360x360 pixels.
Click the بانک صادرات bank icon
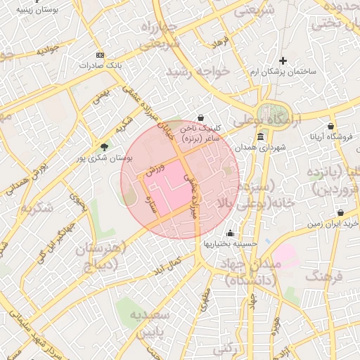point(100,55)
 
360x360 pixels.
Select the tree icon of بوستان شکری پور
point(105,147)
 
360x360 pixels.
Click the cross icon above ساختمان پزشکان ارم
point(283,61)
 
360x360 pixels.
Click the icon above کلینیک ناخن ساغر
point(202,117)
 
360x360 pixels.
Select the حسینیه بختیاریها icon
point(230,233)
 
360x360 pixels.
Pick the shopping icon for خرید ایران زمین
point(340,213)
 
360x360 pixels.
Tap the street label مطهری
point(205,301)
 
